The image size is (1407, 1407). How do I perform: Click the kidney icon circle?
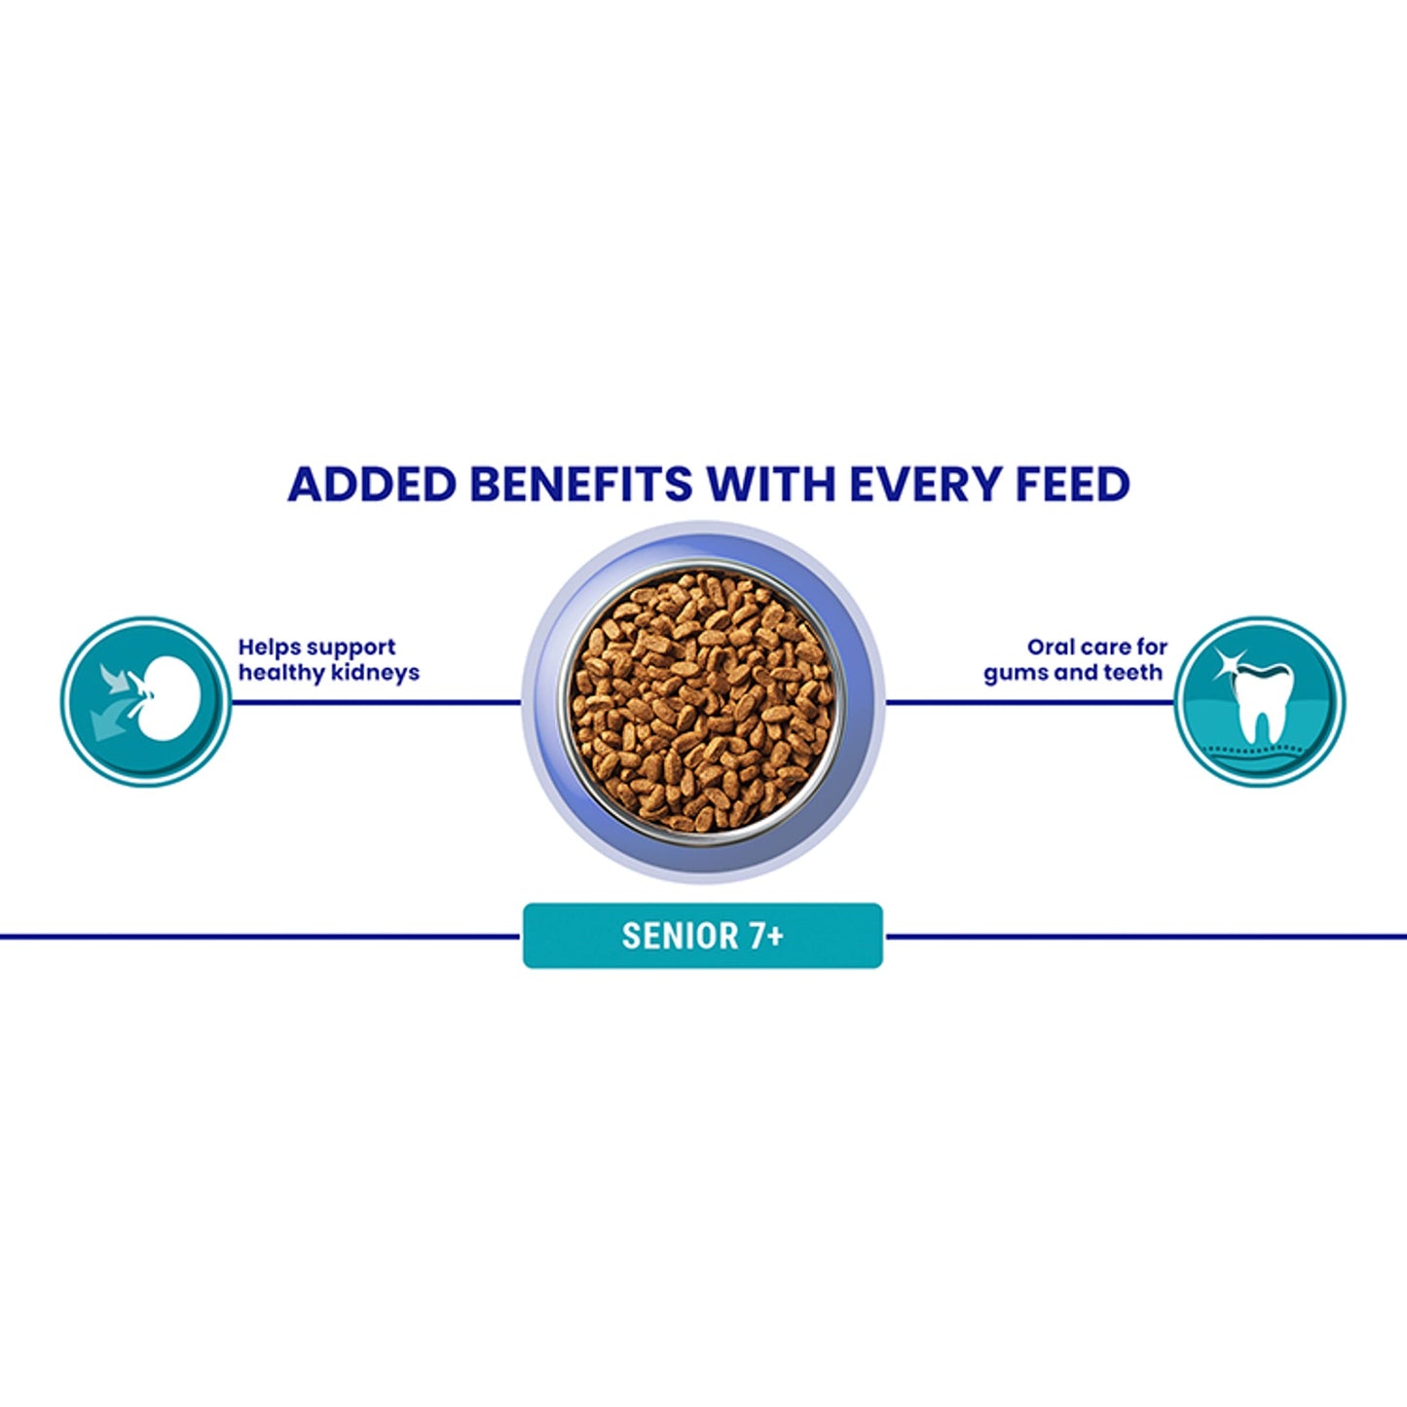click(146, 700)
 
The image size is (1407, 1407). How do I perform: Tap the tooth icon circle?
click(1260, 700)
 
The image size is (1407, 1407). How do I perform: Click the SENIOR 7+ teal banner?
click(702, 936)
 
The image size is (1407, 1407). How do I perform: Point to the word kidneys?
click(375, 673)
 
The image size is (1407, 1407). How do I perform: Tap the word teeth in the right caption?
click(1133, 673)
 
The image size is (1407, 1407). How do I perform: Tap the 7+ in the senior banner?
click(766, 936)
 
